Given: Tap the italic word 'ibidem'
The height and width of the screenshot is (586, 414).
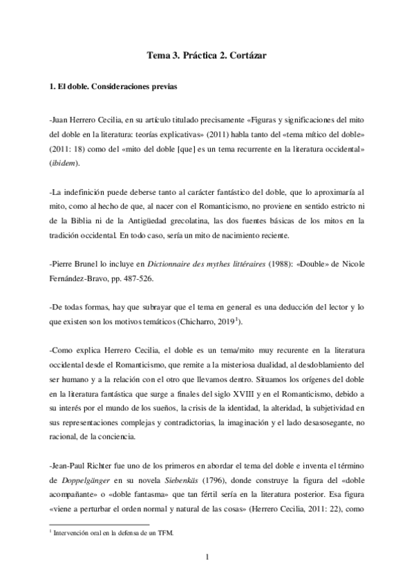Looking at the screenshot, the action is pos(65,163).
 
